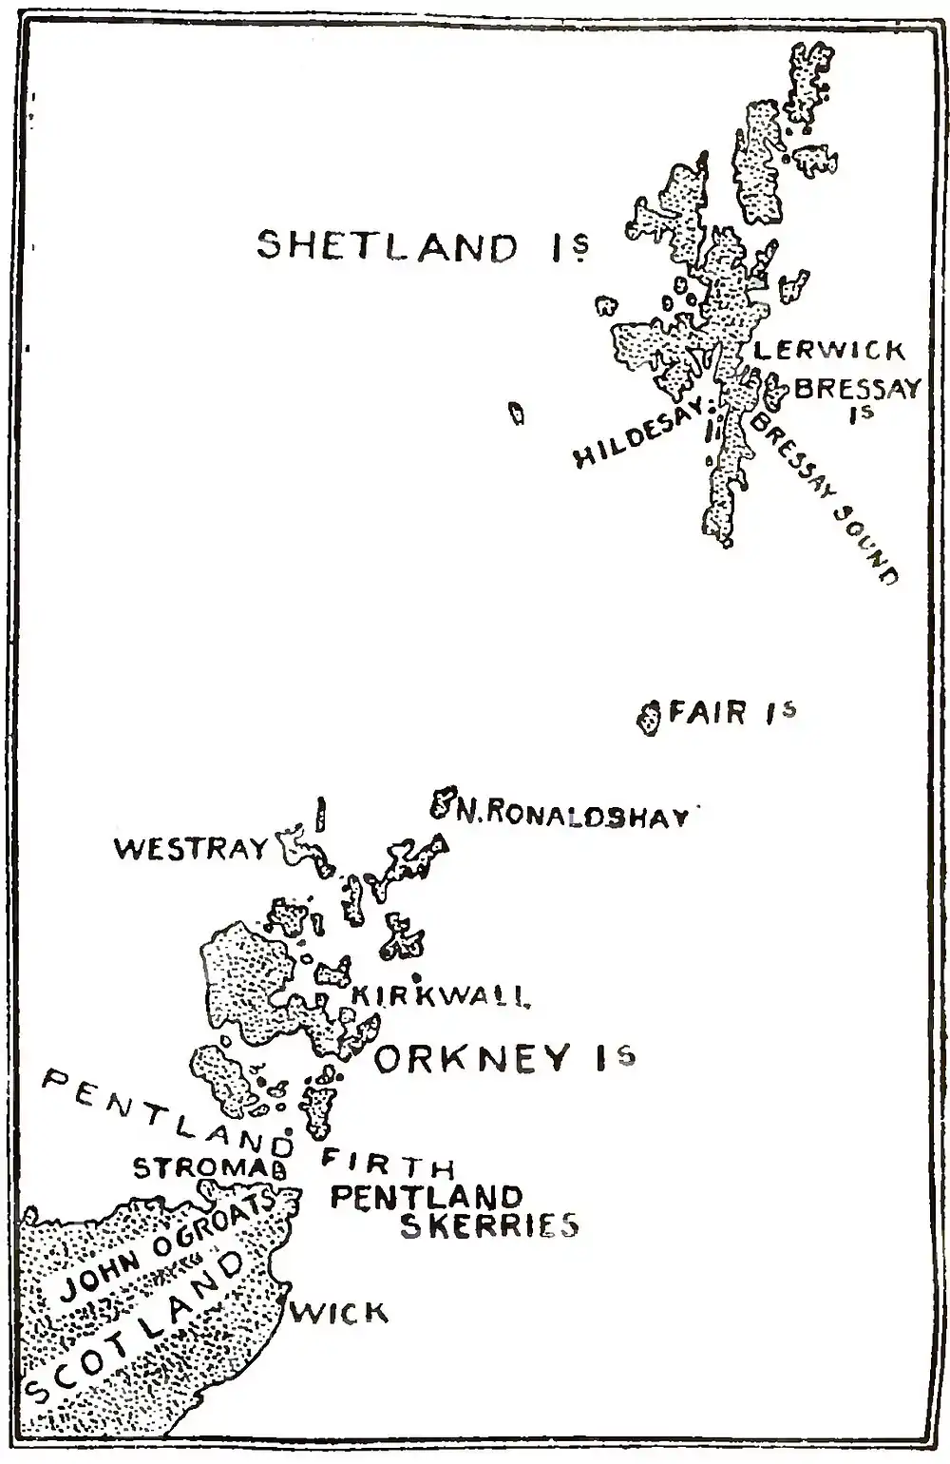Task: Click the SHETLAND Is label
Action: coord(424,246)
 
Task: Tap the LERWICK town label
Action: coord(828,351)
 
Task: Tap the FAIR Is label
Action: coord(731,712)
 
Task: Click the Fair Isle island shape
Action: coord(650,718)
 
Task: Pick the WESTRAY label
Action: coord(192,848)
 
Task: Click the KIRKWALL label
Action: coord(440,995)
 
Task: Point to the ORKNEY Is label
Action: coord(504,1058)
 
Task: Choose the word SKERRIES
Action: coord(488,1226)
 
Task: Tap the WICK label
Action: coord(338,1313)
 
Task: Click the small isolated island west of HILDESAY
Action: coord(517,414)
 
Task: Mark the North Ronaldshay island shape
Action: coord(442,804)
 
